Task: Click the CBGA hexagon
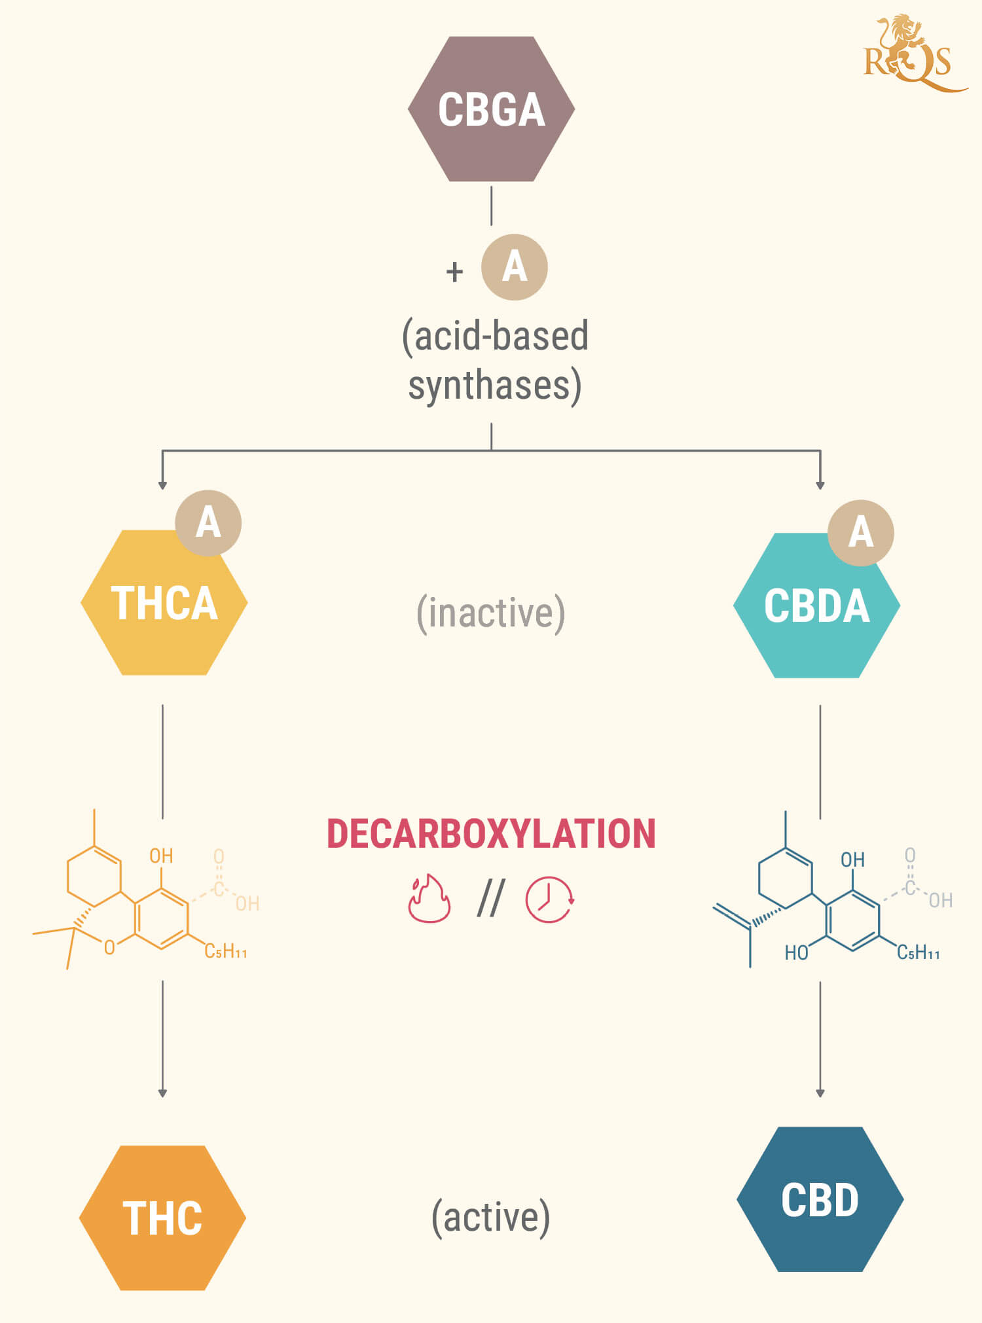[x=491, y=109]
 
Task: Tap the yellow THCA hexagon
[x=164, y=602]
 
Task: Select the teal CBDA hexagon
[x=816, y=605]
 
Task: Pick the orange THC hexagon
[x=162, y=1218]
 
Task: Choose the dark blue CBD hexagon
[x=820, y=1199]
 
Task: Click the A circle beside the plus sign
[x=515, y=267]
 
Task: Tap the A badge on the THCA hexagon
[x=208, y=523]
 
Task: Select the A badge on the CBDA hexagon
[x=861, y=533]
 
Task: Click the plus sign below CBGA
[x=454, y=271]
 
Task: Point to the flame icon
[x=429, y=898]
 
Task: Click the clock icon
[x=550, y=899]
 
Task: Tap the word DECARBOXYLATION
[x=491, y=833]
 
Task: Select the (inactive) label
[x=491, y=613]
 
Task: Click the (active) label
[x=491, y=1218]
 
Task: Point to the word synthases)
[x=495, y=386]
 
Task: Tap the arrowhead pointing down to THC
[x=162, y=1093]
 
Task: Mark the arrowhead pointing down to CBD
[x=820, y=1093]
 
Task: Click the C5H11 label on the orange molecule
[x=226, y=951]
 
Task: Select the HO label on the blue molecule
[x=796, y=952]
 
